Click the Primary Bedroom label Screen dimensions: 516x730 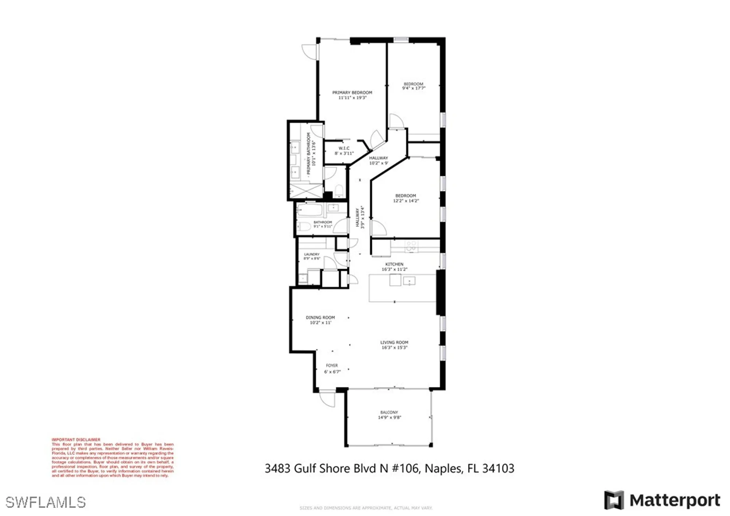(x=352, y=93)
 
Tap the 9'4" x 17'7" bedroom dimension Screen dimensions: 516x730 (x=414, y=88)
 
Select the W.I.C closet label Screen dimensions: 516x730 (x=344, y=148)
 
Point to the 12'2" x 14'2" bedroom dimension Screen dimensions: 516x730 (x=406, y=201)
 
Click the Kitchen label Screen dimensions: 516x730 (x=394, y=264)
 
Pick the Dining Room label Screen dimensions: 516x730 (x=320, y=317)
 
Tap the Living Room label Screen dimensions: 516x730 (x=394, y=342)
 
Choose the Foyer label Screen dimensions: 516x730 (x=332, y=365)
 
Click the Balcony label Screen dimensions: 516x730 (x=389, y=412)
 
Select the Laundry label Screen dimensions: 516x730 (x=312, y=254)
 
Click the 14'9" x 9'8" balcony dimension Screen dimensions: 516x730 (x=389, y=417)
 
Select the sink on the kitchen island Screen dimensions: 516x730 (x=409, y=281)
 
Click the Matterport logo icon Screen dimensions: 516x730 (x=614, y=500)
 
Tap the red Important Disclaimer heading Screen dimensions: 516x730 (x=76, y=440)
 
